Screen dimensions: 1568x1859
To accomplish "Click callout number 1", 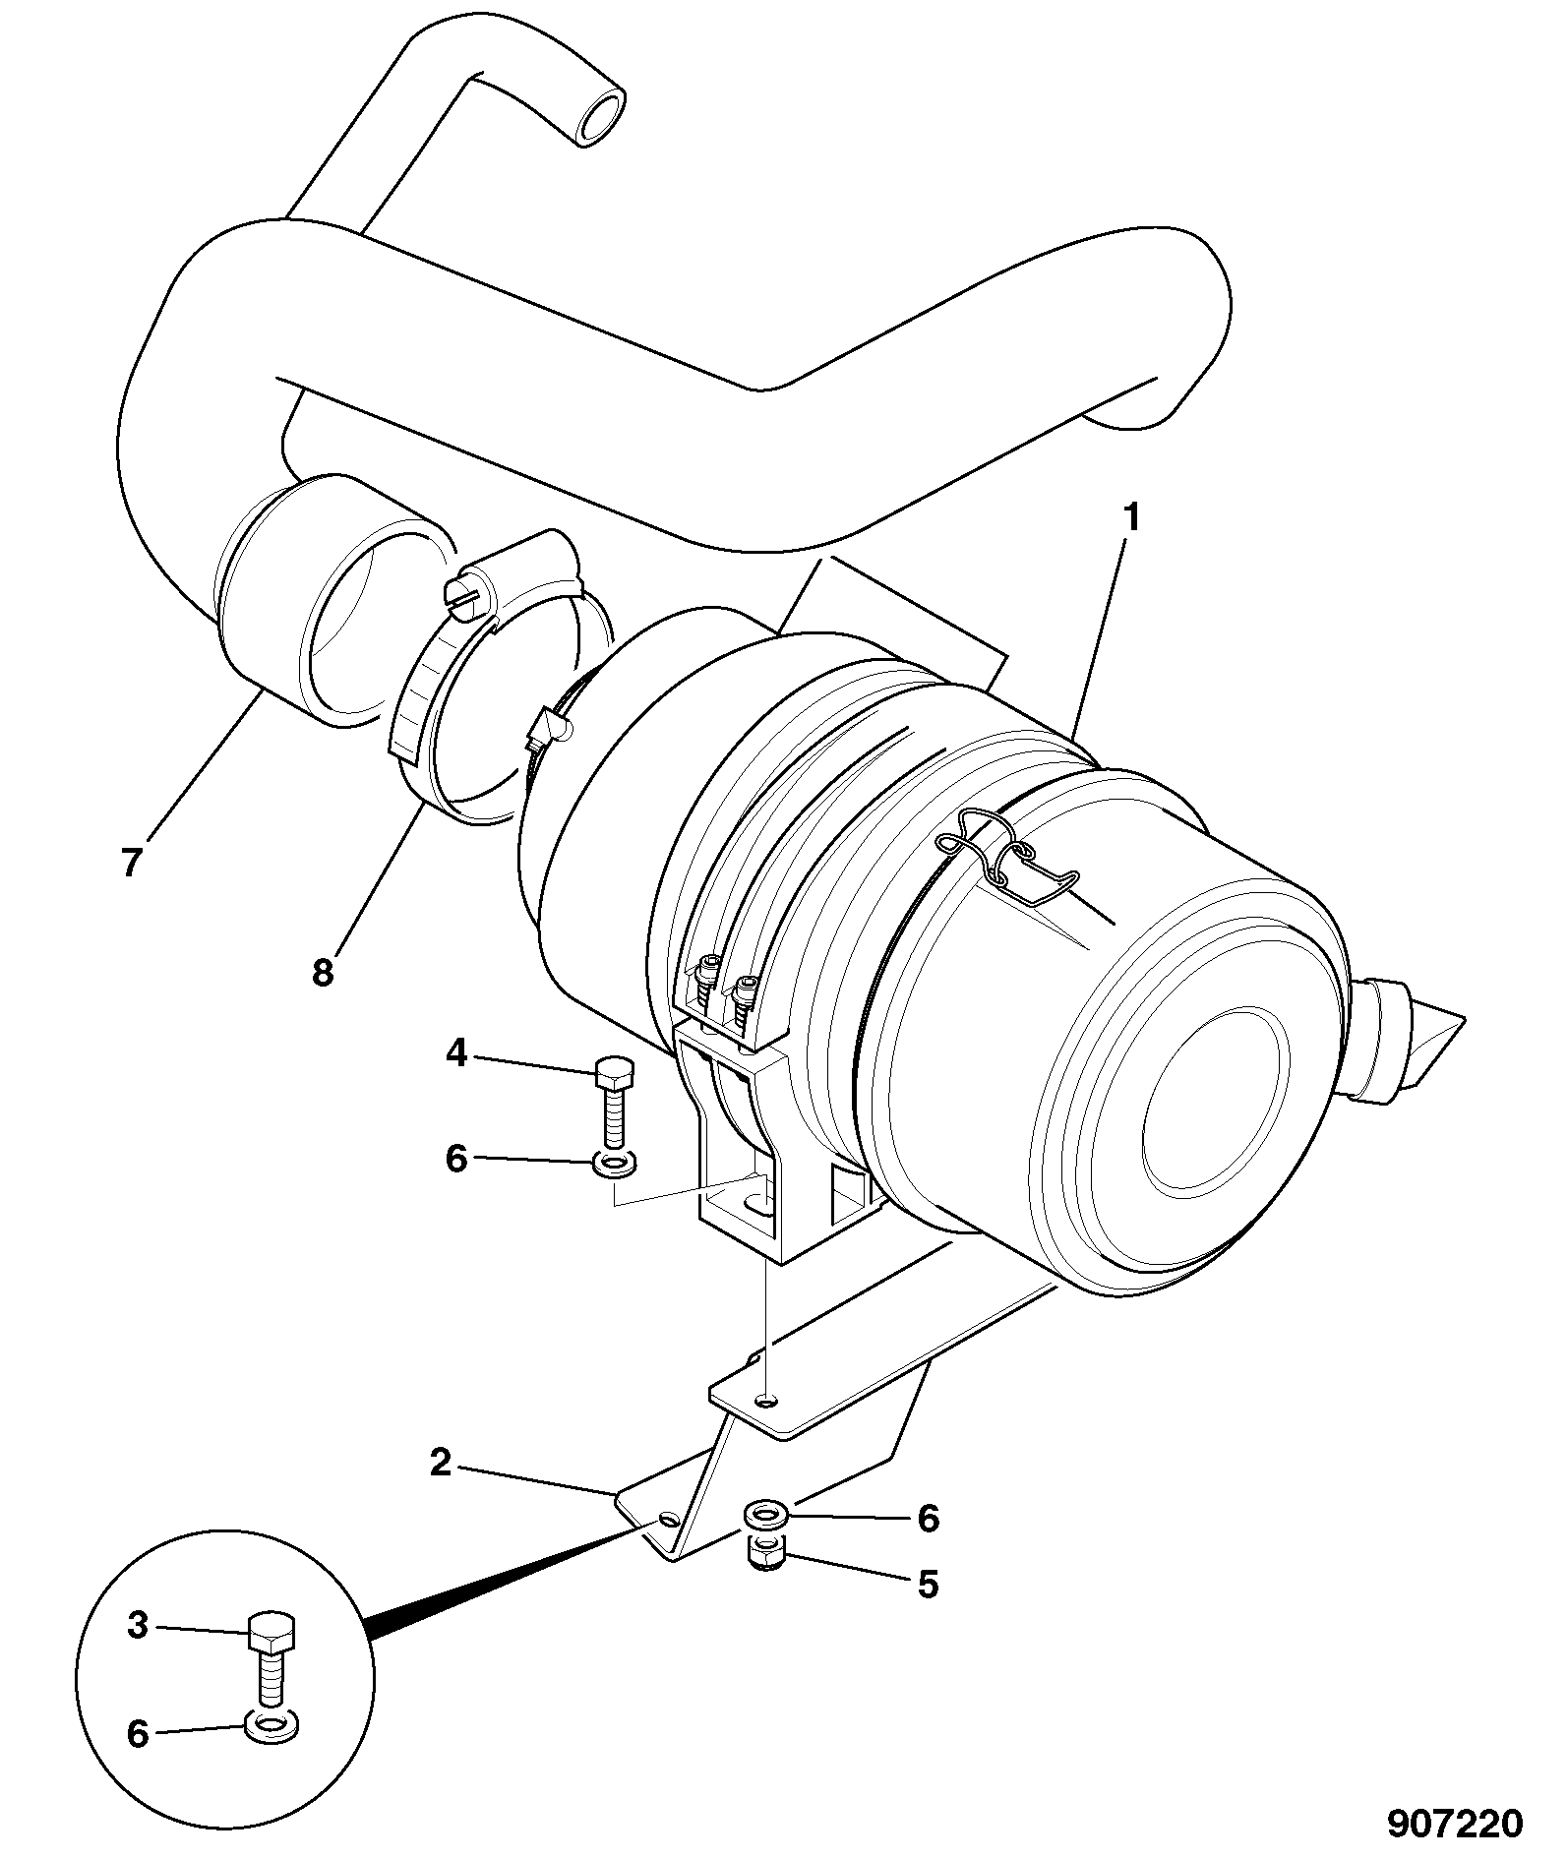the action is (1131, 516).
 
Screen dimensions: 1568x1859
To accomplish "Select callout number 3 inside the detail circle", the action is (139, 1626).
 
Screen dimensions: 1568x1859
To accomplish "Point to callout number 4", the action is (455, 1053).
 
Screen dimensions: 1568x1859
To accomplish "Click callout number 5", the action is (928, 1585).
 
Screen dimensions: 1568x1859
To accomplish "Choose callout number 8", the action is (323, 972).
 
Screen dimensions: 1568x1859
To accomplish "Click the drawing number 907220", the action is (1456, 1824).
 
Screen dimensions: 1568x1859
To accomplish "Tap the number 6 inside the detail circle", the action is (139, 1733).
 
